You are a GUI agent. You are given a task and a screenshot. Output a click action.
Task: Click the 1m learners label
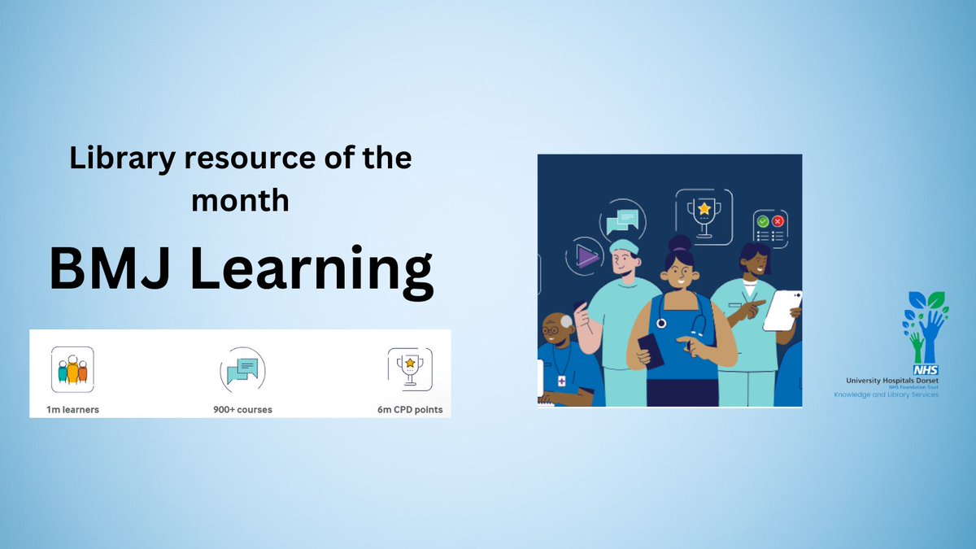point(73,409)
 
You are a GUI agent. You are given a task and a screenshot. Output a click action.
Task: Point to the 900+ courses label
point(242,409)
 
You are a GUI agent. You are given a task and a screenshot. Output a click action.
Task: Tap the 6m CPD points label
point(410,409)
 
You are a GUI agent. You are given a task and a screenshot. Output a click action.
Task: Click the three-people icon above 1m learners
point(72,369)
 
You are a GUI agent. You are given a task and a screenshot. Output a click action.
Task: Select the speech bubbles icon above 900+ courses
point(242,371)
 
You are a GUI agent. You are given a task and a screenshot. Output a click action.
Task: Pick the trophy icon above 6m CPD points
point(410,368)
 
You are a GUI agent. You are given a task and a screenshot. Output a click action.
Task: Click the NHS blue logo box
point(926,370)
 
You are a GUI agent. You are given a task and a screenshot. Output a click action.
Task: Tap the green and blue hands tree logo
point(924,326)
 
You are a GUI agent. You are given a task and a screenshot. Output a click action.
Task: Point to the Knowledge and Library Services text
point(886,394)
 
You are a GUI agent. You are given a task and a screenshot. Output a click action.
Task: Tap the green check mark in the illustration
point(763,221)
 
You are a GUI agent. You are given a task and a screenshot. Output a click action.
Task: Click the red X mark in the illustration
point(778,221)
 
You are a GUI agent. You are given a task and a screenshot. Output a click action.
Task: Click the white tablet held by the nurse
point(782,310)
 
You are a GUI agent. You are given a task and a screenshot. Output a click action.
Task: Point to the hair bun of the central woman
point(681,243)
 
